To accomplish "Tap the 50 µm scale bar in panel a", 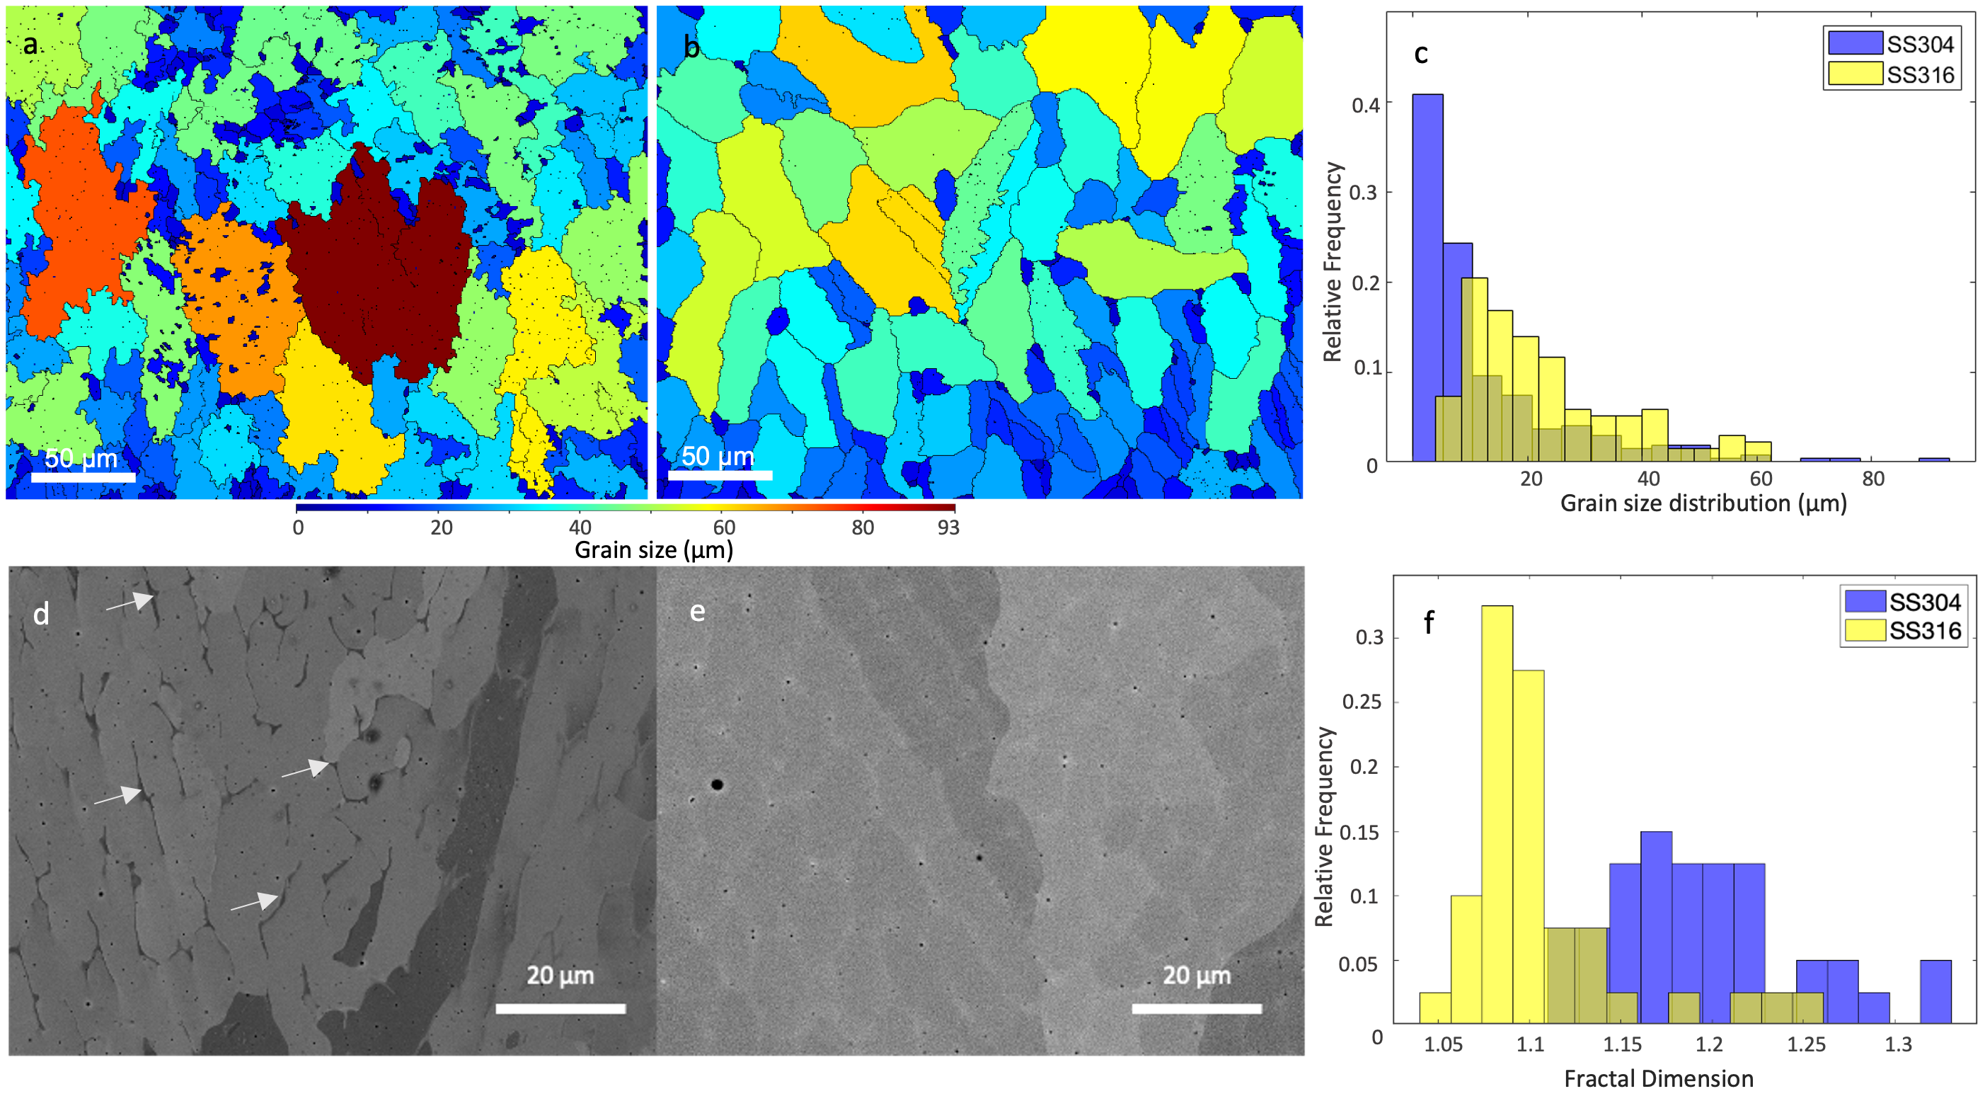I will click(84, 477).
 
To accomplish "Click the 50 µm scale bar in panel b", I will click(720, 475).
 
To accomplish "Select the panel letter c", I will click(1421, 53).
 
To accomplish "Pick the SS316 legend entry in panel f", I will click(1924, 631).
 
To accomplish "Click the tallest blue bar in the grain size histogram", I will click(1427, 278).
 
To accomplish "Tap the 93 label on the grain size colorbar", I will click(948, 527).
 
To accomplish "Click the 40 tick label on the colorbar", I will click(580, 527).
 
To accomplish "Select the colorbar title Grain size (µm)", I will click(653, 549).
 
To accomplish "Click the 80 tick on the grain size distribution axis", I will click(1873, 479).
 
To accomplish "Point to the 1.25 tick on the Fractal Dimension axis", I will click(1806, 1044).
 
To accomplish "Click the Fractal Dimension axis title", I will click(1658, 1078).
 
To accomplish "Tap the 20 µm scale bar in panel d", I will click(560, 1008).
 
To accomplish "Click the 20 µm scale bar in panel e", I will click(1196, 1008).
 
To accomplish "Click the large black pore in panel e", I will click(717, 784).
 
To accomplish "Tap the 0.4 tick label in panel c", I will click(1366, 104).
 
